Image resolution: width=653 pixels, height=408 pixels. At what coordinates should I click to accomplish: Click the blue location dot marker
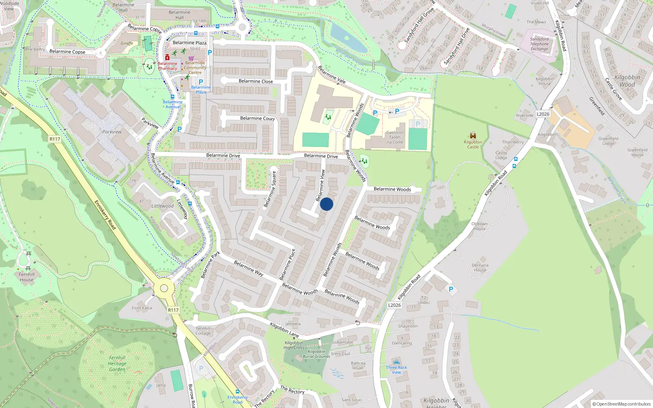[326, 204]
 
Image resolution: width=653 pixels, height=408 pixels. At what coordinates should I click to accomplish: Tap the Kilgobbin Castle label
[473, 144]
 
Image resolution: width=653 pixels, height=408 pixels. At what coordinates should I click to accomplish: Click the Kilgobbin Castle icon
[473, 135]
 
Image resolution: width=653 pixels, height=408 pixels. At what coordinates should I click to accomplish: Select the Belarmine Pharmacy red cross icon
[167, 57]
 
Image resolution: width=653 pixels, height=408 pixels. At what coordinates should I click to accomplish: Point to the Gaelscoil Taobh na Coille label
[395, 137]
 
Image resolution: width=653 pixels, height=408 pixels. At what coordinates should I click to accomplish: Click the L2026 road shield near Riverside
[543, 114]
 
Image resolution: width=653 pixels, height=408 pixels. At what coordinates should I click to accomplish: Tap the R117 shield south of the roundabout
[173, 310]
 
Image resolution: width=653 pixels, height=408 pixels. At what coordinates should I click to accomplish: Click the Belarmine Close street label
[255, 81]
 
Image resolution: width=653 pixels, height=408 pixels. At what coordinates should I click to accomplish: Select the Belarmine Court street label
[257, 118]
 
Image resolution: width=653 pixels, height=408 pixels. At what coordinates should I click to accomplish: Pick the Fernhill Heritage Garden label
[117, 364]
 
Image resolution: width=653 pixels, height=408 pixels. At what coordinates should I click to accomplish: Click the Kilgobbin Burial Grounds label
[316, 354]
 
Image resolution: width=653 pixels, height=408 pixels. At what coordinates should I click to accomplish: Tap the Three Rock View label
[396, 370]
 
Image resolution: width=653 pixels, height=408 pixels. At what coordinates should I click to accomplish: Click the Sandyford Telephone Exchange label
[539, 44]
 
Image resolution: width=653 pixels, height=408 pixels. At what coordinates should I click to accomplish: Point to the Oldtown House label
[480, 226]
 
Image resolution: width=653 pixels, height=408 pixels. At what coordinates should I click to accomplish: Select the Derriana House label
[480, 268]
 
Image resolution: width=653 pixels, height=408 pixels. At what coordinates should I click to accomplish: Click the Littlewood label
[162, 206]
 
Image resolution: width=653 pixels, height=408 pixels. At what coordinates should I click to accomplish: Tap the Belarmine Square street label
[270, 189]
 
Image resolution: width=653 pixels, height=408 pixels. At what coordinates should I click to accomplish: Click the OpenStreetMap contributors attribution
[622, 404]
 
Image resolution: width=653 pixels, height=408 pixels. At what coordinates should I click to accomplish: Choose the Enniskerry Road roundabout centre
[164, 288]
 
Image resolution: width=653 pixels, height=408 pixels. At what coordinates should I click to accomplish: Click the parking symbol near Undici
[451, 289]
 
